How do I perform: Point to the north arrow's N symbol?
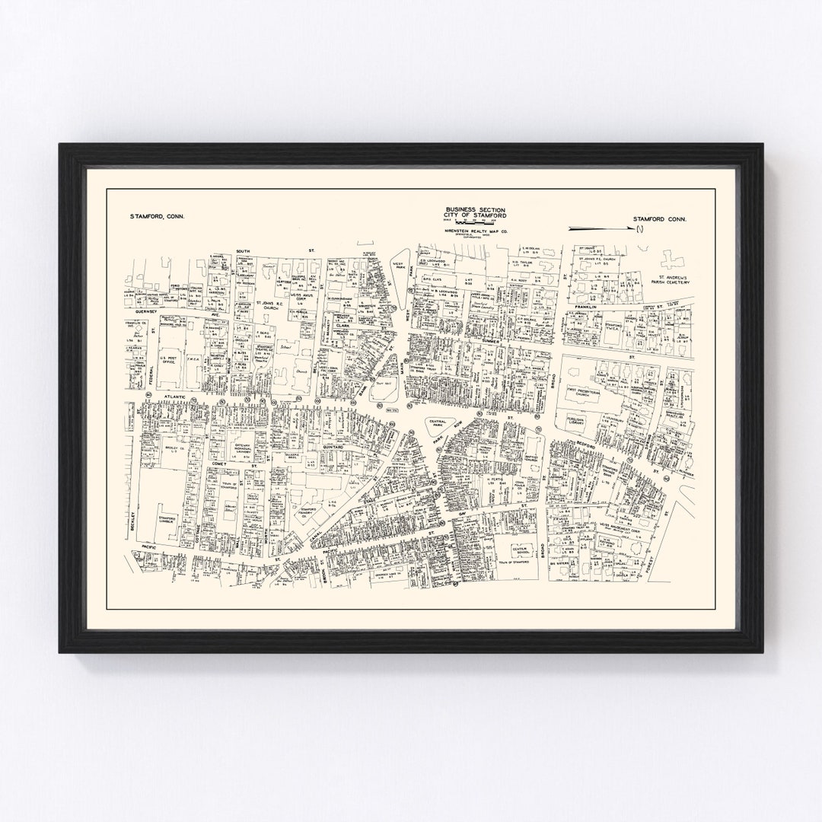click(640, 227)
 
